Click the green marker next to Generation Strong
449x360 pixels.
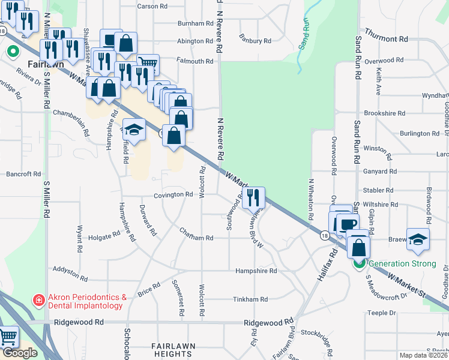click(360, 263)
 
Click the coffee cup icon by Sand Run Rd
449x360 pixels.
click(348, 224)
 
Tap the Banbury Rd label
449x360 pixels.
click(255, 41)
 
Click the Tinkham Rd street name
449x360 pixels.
click(250, 299)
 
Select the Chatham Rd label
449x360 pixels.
click(196, 238)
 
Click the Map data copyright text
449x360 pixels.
click(424, 355)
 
